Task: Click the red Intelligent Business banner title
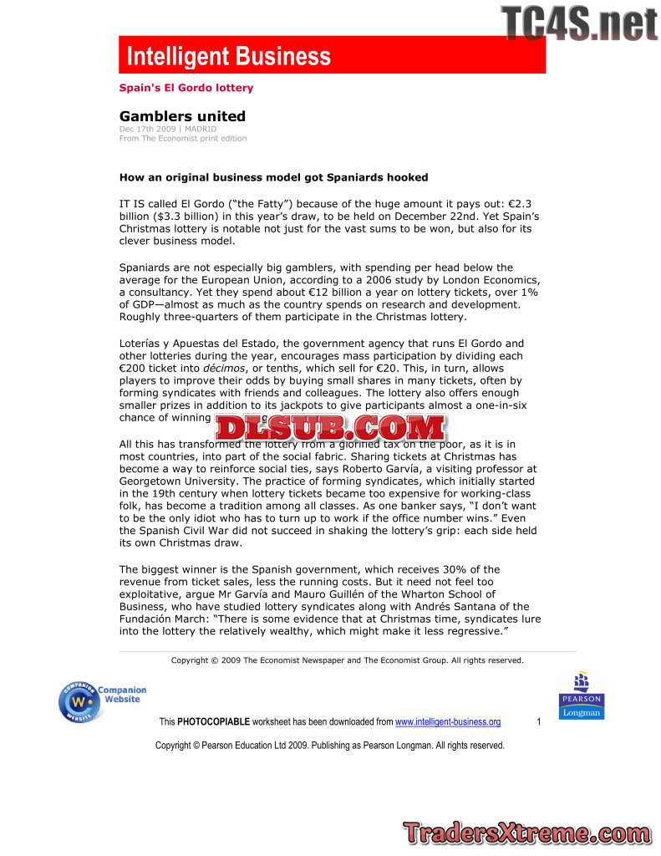tap(228, 57)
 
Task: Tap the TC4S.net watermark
tap(580, 23)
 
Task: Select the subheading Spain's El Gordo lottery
tap(186, 88)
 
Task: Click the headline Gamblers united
tap(182, 116)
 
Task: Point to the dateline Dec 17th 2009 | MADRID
tap(168, 130)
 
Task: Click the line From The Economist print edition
tap(183, 139)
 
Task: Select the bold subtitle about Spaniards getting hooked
tap(274, 177)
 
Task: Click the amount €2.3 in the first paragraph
tap(520, 203)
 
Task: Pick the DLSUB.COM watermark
tap(331, 427)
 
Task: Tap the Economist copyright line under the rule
tap(347, 660)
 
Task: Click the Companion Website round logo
tap(81, 701)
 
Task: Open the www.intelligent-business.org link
tap(447, 722)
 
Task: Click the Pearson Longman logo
tap(581, 696)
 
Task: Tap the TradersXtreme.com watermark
tap(526, 833)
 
